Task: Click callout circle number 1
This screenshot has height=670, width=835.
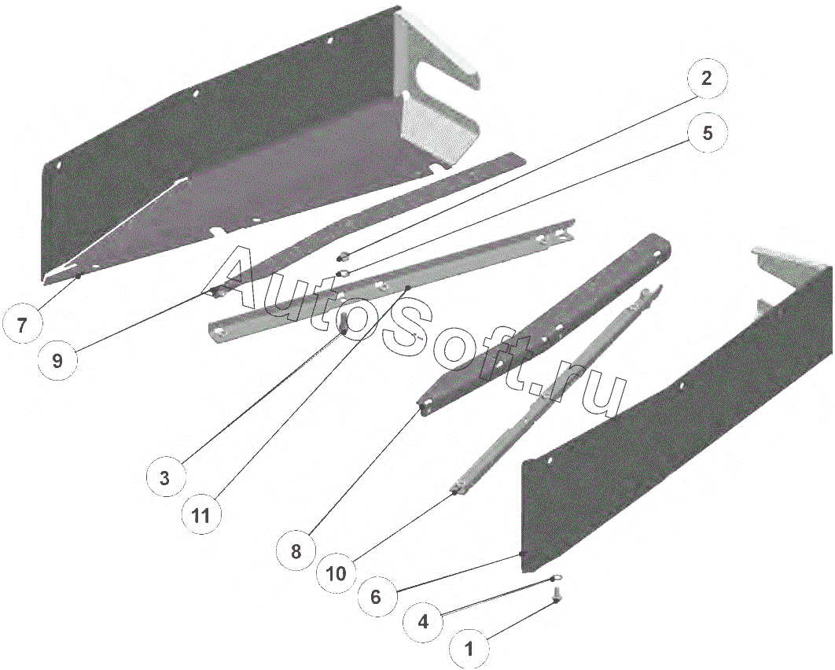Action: [x=469, y=649]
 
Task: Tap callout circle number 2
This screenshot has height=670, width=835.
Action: [x=706, y=79]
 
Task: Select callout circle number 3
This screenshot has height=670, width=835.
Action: [x=164, y=478]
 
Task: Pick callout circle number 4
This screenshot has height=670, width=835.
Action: [x=423, y=621]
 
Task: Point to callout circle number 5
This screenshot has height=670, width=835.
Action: [x=706, y=133]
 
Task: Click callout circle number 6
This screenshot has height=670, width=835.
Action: [x=375, y=597]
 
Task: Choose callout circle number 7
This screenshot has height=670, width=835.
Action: [x=21, y=325]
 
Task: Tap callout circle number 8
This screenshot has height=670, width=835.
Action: [x=296, y=550]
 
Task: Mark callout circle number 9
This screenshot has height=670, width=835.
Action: [x=57, y=361]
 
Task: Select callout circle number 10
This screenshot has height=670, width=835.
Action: [x=337, y=573]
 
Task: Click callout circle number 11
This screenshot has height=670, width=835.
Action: [x=200, y=515]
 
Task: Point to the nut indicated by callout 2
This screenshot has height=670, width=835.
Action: [x=344, y=256]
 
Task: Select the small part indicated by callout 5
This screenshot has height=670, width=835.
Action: [x=344, y=273]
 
